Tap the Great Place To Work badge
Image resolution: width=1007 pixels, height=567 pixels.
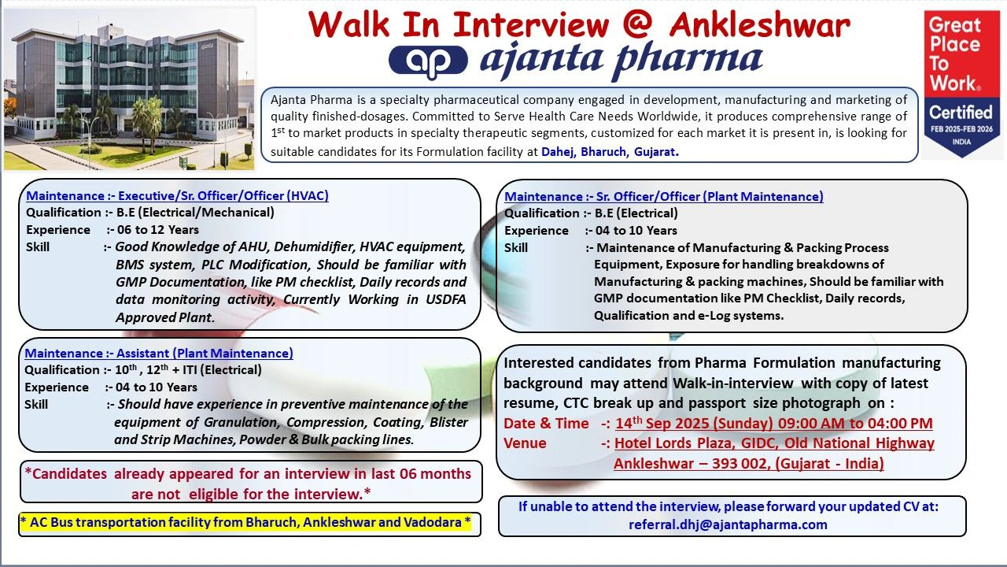point(961,83)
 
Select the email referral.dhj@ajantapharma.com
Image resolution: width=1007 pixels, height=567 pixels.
point(728,524)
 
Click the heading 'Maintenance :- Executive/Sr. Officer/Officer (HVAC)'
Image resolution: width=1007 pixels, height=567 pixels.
point(177,195)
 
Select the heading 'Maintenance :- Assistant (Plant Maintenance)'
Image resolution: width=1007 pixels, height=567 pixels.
point(159,353)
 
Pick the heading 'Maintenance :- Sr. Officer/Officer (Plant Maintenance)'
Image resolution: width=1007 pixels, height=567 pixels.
point(664,196)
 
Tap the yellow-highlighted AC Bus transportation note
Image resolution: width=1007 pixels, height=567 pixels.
point(245,523)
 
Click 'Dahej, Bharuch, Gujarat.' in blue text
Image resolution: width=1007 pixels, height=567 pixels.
point(610,151)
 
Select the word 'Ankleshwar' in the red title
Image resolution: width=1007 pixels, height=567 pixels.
point(759,24)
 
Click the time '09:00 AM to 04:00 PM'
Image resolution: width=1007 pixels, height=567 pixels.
point(858,424)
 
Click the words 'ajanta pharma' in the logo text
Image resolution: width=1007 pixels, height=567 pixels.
point(622,59)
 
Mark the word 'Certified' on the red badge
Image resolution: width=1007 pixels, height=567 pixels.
point(961,113)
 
